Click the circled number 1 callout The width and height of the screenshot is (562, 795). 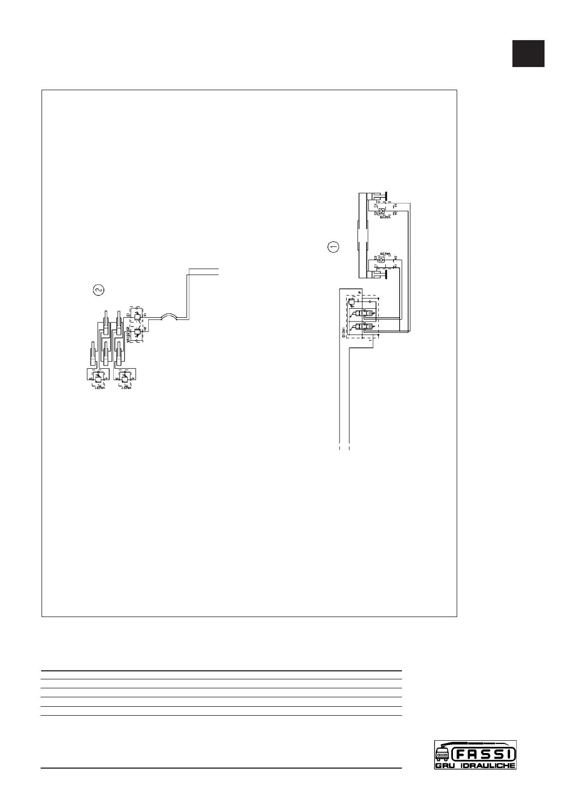[x=333, y=246]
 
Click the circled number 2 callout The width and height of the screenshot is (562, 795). [x=98, y=290]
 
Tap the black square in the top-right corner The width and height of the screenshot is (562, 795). [x=528, y=53]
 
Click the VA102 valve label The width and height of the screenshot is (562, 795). [x=128, y=336]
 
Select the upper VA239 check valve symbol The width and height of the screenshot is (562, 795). [x=381, y=211]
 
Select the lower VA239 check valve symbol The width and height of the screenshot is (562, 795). [x=381, y=259]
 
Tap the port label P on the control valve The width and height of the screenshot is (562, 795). [x=359, y=293]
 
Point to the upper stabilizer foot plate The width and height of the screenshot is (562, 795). [x=386, y=195]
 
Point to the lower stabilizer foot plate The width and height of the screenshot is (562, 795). [x=386, y=275]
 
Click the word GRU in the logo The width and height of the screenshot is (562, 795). [x=445, y=766]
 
